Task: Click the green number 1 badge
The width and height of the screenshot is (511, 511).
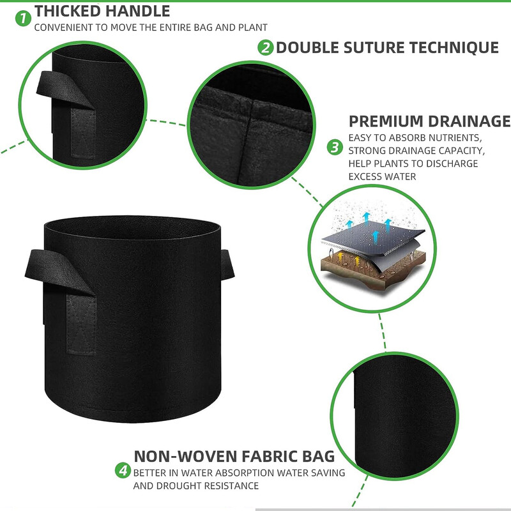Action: tap(23, 18)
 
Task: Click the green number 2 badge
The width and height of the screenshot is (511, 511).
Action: tap(266, 47)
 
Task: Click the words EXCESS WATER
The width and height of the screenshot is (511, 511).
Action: tap(382, 176)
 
